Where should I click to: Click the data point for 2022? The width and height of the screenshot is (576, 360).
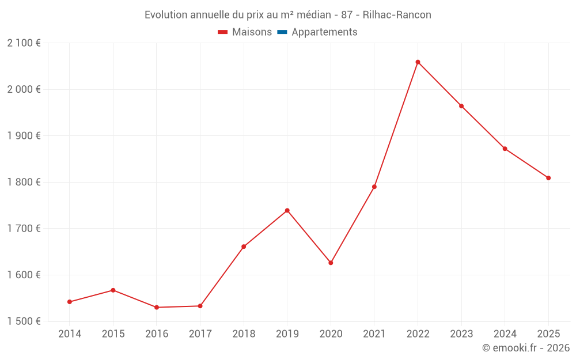coord(418,62)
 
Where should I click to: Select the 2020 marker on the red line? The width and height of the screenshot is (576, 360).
coord(331,263)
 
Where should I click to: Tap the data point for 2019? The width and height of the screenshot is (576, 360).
coord(287,211)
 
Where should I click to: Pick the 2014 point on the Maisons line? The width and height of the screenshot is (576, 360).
coord(70,302)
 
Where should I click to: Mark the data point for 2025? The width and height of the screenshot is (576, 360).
coord(548,178)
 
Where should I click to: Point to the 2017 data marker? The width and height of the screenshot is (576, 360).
coord(200,306)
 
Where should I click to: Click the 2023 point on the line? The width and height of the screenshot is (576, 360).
coord(461,106)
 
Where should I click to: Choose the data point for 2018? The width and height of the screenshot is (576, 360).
coord(244,247)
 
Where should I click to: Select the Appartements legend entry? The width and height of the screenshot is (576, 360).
coord(324,32)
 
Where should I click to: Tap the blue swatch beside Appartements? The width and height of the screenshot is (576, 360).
coord(282,32)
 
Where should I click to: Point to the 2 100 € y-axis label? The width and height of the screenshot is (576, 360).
coord(24,43)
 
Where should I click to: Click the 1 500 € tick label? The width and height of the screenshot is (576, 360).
coord(24,321)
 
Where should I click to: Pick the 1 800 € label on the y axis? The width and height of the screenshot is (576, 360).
coord(24,182)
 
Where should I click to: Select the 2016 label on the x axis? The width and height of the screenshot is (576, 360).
coord(157,334)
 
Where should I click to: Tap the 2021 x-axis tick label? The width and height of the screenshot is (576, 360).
coord(374,334)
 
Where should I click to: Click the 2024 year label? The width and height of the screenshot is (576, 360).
coord(505,334)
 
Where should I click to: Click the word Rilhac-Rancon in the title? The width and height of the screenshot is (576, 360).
coord(397,15)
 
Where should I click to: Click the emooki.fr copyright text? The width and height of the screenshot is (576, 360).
coord(525,348)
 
